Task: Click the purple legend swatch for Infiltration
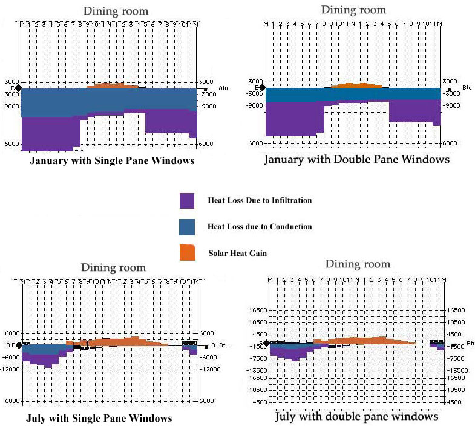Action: pos(186,201)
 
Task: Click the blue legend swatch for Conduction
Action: pos(186,227)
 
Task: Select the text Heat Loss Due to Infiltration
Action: pos(260,200)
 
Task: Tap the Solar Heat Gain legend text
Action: pos(238,253)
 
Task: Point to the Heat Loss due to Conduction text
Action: pos(260,227)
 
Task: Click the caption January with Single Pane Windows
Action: pos(112,161)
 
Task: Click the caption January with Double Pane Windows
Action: pos(357,160)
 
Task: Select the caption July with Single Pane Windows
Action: pos(99,418)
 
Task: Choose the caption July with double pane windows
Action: pos(356,417)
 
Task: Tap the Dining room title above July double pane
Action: pos(358,264)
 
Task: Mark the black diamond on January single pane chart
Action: pos(18,88)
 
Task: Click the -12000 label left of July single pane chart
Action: pos(11,368)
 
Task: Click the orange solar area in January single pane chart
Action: pos(112,86)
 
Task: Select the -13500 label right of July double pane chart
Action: pos(457,370)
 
